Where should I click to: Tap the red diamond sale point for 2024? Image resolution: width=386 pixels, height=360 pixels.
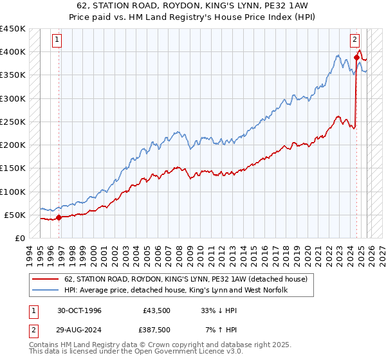(356, 58)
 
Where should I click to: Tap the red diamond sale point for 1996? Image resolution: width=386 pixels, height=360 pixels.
(59, 217)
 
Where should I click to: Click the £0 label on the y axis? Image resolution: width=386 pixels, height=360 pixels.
(20, 238)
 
